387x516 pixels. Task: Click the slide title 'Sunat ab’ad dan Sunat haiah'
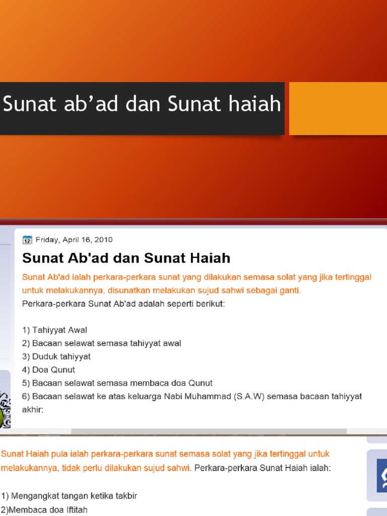[x=142, y=104]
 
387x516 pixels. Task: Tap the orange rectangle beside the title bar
[x=338, y=108]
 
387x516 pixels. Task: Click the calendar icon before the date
[x=27, y=240]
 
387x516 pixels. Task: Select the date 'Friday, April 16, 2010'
[x=74, y=240]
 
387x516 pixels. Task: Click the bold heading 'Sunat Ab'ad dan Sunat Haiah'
[x=126, y=258]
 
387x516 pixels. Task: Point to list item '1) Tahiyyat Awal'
[x=54, y=330]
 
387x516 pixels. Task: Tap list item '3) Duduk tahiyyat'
[x=56, y=356]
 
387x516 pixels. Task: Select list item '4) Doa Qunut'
[x=49, y=369]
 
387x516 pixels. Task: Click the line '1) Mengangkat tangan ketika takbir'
[x=69, y=495]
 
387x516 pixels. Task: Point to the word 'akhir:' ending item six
[x=33, y=409]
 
